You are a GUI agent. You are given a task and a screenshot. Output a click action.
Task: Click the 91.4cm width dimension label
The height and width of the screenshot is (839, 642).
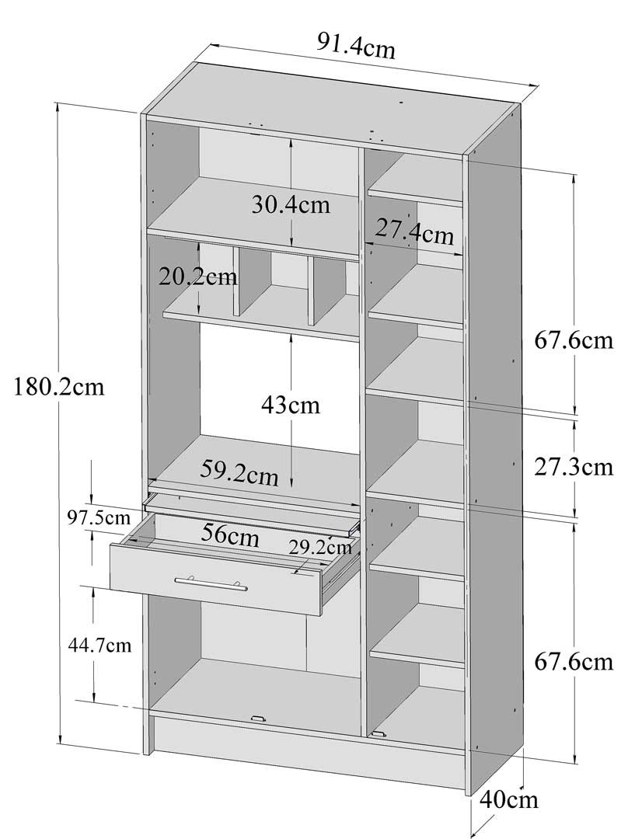(356, 46)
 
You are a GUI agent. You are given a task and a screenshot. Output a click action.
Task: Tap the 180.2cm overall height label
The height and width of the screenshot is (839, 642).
(58, 386)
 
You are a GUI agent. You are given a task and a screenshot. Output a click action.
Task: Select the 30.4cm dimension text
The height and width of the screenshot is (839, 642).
(291, 204)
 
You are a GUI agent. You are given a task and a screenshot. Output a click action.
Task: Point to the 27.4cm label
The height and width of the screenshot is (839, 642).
(414, 232)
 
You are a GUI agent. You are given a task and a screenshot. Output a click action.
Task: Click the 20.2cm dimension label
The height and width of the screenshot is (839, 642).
(197, 277)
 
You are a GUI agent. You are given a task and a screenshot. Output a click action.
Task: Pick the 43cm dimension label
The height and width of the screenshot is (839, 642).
(290, 405)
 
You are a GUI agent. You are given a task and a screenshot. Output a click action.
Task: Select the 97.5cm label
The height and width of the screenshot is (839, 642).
(99, 517)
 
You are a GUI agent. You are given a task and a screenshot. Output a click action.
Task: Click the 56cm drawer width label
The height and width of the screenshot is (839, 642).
(230, 535)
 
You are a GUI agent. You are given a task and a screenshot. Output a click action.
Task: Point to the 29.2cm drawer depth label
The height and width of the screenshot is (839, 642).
(320, 547)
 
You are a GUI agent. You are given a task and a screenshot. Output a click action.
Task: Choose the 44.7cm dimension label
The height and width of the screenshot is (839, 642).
(99, 646)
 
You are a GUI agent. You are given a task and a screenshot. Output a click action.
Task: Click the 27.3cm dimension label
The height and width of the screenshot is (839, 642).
(574, 467)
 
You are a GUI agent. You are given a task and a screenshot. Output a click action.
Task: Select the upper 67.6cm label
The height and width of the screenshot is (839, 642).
(574, 340)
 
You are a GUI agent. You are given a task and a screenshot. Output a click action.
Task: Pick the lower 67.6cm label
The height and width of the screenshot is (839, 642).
(574, 662)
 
